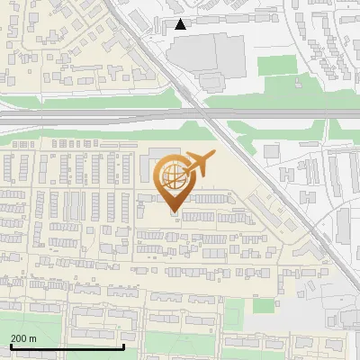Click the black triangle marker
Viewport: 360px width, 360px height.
pos(181,24)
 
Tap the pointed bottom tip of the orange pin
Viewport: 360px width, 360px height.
pos(174,212)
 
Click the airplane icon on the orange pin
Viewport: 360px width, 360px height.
pos(197,165)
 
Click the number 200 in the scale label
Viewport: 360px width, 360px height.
pos(19,337)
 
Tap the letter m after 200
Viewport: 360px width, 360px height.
pos(33,337)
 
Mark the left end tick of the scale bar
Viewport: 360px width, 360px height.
pos(11,346)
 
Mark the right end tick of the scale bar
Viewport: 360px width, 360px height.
pos(123,346)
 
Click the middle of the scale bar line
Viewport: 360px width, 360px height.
pos(67,346)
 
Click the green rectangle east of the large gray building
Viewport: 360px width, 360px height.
pos(276,65)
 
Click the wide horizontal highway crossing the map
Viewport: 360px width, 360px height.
pos(90,116)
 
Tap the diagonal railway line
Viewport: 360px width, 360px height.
pos(261,180)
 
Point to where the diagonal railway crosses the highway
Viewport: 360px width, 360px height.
pos(208,116)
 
